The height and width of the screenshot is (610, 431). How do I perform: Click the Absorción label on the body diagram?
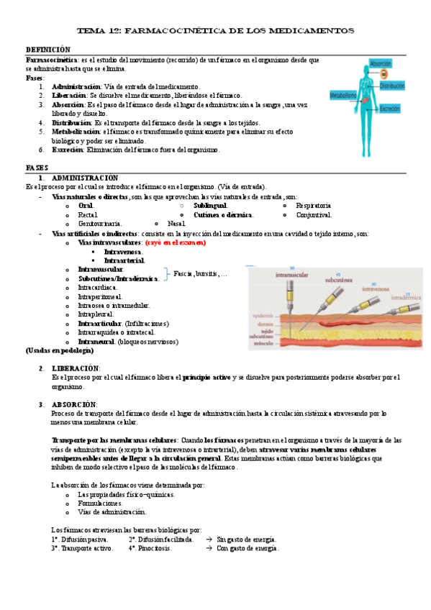[380, 64]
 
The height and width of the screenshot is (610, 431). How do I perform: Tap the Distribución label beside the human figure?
[392, 86]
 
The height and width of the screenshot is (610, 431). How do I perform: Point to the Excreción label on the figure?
[390, 109]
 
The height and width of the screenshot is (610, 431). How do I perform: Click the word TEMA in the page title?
[91, 31]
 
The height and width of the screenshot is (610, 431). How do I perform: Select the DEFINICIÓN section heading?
[48, 49]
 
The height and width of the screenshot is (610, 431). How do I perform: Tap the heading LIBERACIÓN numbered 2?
[76, 368]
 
